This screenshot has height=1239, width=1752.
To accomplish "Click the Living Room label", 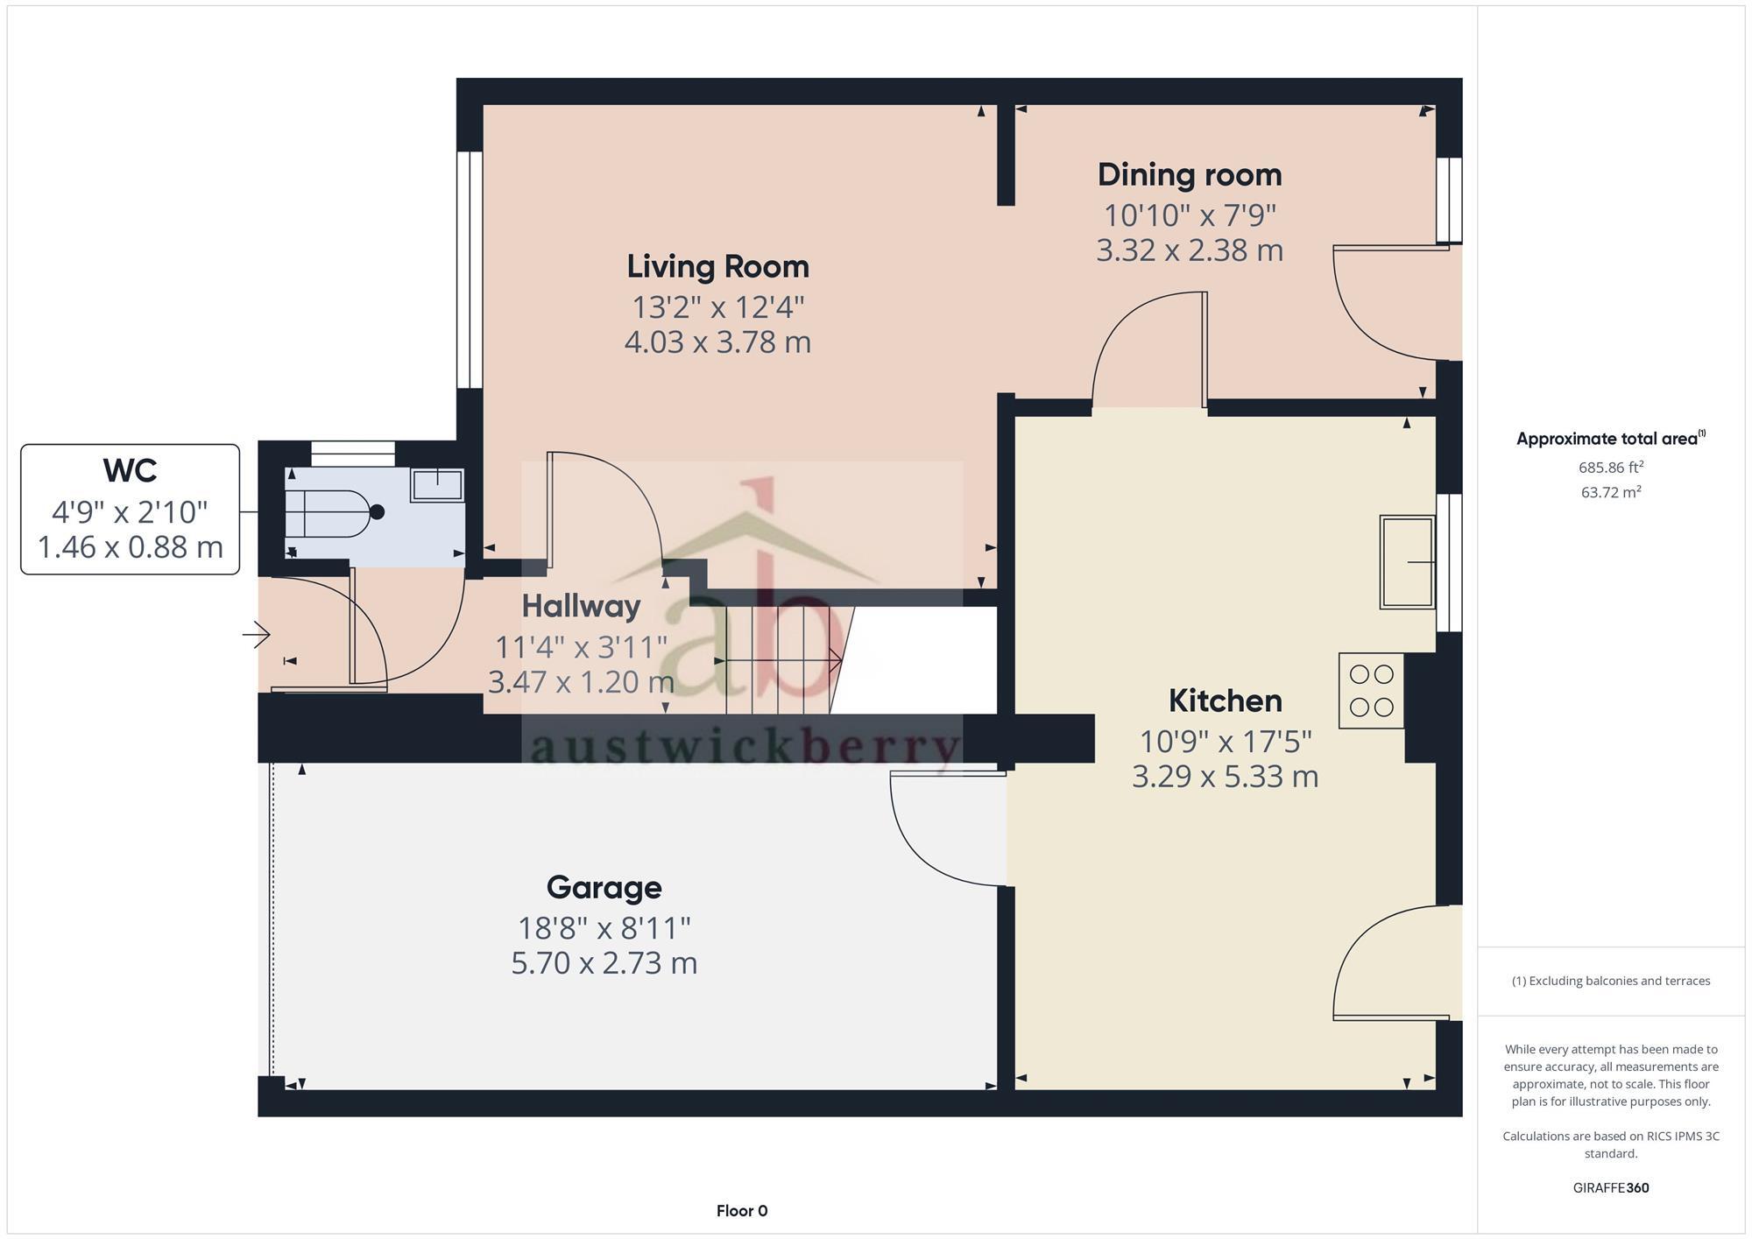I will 717,267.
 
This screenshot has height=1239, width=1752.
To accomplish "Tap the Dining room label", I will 1189,175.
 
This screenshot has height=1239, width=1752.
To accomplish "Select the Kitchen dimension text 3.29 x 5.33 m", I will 1225,777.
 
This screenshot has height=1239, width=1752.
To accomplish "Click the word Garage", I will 604,887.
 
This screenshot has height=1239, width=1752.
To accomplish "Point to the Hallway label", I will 581,606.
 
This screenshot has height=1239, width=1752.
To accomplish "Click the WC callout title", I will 130,471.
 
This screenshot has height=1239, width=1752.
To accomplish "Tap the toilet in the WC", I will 333,513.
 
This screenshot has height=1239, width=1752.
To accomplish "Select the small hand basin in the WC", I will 437,484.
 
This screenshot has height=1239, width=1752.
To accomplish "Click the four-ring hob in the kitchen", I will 1371,691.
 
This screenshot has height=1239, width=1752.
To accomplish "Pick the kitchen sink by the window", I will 1407,562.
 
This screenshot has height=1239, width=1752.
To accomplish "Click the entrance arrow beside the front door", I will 257,634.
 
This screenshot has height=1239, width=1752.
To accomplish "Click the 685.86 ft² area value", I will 1610,468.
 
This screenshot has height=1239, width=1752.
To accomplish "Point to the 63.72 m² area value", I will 1610,492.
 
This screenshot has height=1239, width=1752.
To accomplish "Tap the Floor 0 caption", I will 741,1211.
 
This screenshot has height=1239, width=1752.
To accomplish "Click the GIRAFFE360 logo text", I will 1610,1188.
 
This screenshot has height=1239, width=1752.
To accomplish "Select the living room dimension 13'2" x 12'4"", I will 717,307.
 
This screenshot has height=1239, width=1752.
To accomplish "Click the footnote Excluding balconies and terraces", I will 1610,981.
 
